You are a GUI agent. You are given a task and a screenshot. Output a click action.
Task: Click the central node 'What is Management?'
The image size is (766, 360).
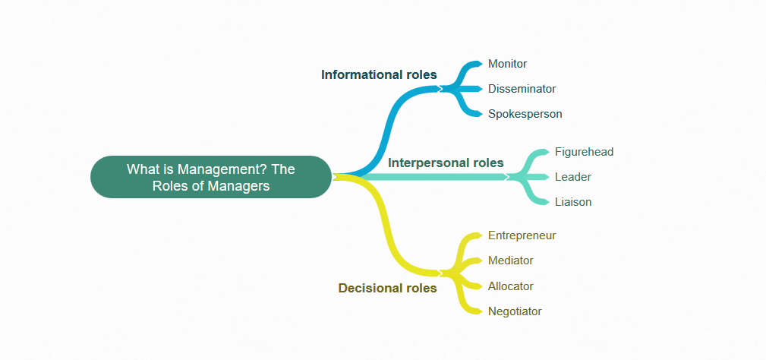click(210, 176)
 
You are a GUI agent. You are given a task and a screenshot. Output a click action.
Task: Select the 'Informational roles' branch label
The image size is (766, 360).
click(379, 74)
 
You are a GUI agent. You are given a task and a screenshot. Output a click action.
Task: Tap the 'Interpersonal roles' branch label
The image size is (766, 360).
click(446, 163)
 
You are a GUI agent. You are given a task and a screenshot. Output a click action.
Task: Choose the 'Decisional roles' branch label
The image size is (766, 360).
click(387, 288)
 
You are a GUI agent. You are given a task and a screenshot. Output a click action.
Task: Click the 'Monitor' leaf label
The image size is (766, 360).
click(507, 64)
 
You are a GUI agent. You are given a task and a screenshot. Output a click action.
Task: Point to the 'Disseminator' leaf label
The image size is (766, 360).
click(522, 89)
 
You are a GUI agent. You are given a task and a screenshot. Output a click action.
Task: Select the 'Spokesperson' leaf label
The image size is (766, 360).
click(525, 114)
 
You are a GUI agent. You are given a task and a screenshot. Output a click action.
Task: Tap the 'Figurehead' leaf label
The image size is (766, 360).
click(584, 152)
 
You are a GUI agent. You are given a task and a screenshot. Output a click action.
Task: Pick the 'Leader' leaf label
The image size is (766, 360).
click(572, 177)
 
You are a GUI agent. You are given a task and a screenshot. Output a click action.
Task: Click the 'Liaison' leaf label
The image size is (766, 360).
click(572, 202)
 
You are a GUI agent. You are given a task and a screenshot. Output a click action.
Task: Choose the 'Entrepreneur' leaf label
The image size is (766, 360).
click(522, 235)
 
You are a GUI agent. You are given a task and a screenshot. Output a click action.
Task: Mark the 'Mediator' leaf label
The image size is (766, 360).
click(510, 261)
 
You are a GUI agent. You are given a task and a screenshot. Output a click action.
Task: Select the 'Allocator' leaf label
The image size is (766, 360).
click(510, 286)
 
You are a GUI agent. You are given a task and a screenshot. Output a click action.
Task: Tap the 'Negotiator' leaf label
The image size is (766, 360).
click(514, 311)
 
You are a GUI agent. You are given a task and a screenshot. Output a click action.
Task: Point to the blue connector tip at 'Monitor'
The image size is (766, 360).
click(477, 64)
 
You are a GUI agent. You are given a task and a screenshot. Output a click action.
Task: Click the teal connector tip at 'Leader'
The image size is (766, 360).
click(544, 177)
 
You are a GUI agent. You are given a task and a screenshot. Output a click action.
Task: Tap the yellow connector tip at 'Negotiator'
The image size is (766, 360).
click(477, 311)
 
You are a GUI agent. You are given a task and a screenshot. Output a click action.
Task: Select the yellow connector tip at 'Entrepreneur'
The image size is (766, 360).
click(477, 235)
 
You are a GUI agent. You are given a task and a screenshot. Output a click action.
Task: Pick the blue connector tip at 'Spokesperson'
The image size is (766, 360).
click(477, 114)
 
